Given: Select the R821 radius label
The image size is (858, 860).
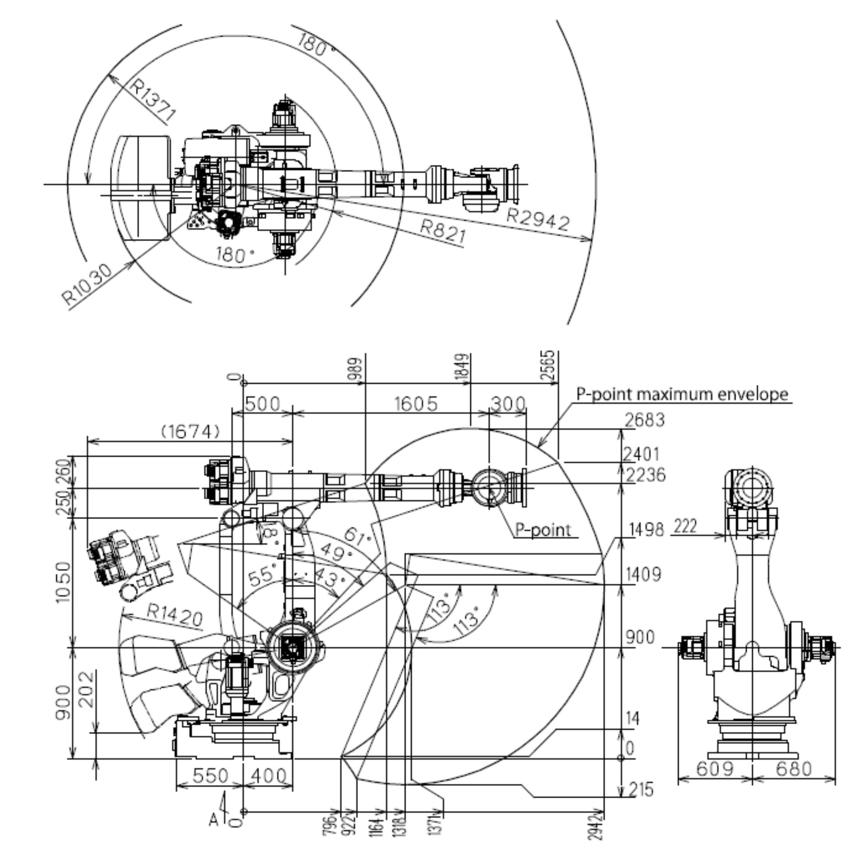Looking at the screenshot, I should (x=443, y=231).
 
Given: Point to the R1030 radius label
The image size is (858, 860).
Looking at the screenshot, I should (x=87, y=284).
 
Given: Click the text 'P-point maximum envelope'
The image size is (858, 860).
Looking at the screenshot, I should (x=682, y=394).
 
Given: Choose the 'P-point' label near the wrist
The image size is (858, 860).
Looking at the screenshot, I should (x=543, y=530).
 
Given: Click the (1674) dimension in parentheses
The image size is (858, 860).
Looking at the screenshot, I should (x=190, y=431).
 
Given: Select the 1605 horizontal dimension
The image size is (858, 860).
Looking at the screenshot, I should (x=416, y=404).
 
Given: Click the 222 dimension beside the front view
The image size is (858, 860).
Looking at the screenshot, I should (x=685, y=526).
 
